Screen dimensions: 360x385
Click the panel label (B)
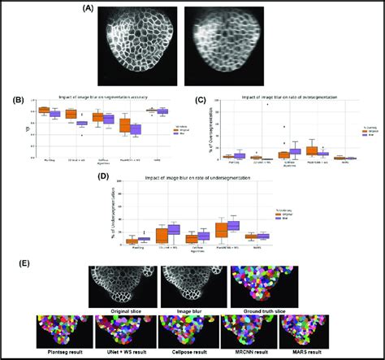tap(17, 102)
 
